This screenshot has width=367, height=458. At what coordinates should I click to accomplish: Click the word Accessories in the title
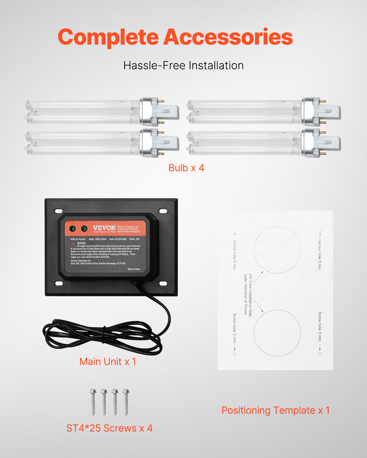[228, 37]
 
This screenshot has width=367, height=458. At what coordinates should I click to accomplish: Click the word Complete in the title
[108, 37]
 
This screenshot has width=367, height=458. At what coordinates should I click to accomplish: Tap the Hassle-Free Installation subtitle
[183, 65]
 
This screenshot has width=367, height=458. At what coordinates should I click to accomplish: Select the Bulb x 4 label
[186, 168]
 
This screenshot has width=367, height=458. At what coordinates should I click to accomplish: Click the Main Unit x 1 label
[108, 362]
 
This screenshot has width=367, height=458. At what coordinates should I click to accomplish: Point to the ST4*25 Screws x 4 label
[109, 428]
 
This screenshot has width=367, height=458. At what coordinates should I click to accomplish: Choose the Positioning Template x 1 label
[276, 410]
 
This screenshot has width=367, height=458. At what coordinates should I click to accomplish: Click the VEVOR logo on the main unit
[104, 228]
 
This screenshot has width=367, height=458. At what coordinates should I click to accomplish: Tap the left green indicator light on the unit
[73, 228]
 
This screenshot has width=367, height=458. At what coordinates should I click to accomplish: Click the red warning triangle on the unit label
[73, 245]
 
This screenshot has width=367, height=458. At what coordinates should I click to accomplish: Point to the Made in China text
[134, 269]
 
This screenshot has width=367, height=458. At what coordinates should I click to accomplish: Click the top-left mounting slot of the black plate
[59, 211]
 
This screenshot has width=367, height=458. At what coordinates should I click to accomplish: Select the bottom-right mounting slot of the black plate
[163, 284]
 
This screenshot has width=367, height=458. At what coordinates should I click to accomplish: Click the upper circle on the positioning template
[277, 250]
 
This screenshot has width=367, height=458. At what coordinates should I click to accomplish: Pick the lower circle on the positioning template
[277, 333]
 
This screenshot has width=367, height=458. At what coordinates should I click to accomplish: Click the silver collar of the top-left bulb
[146, 111]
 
